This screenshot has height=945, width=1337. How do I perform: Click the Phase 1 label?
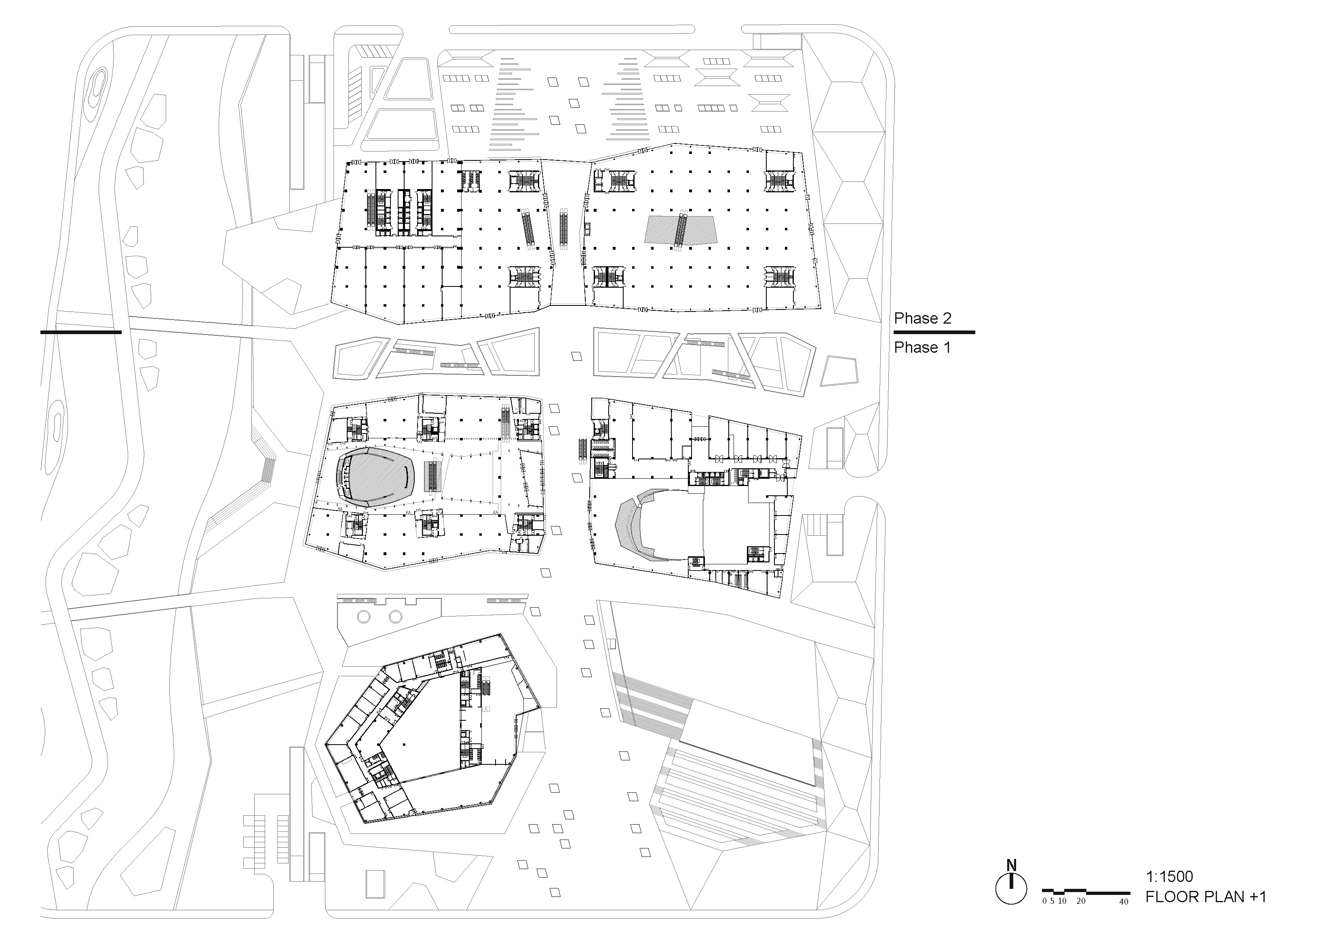pos(922,347)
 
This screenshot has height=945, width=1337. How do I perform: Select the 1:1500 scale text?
pos(1169,876)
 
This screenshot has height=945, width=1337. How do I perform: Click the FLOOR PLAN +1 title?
pos(1205,897)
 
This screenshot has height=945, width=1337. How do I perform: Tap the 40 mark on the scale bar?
pos(1123,902)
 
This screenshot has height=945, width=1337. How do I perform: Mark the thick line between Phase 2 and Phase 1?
pos(934,333)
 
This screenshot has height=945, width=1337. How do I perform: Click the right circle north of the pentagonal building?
pos(396,616)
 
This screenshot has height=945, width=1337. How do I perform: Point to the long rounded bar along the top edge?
pos(572,29)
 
